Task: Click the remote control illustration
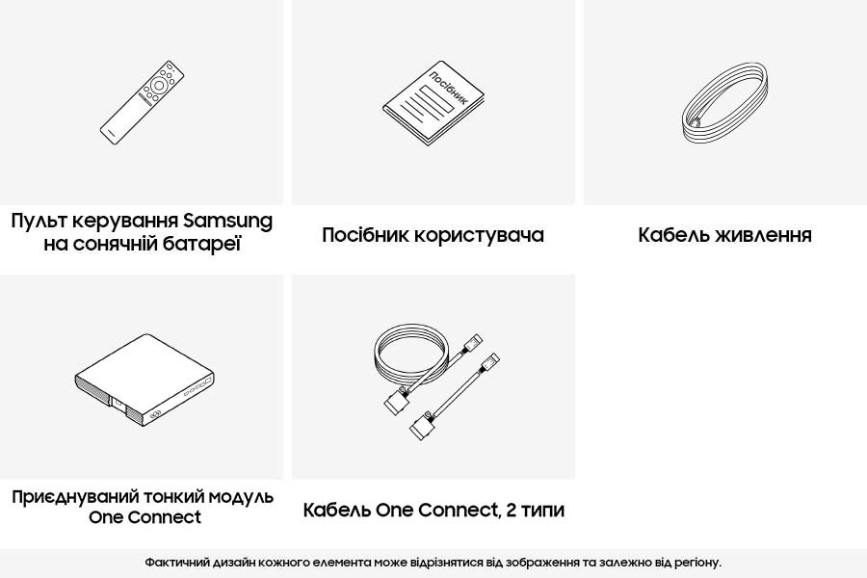(142, 103)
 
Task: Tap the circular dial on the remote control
(159, 85)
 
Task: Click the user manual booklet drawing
(433, 103)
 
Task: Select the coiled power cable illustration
(724, 103)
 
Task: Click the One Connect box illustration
(144, 381)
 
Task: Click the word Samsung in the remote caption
(227, 222)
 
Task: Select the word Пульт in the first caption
(39, 221)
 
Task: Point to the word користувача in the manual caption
(479, 235)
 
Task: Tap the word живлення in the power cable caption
(764, 234)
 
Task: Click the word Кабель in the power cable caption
(674, 234)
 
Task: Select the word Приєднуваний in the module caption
(75, 497)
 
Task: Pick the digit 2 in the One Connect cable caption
(511, 510)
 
